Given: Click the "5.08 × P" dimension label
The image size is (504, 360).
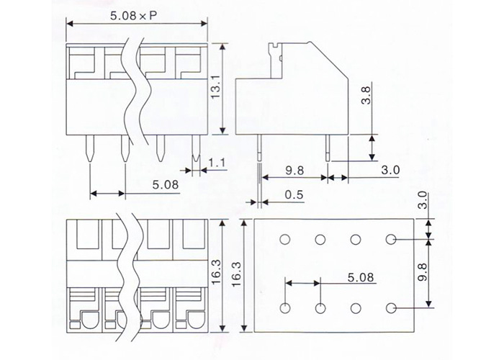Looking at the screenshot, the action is [134, 15].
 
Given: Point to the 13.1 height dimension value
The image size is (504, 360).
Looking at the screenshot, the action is [215, 87].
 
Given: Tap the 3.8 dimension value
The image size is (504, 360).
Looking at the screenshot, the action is [366, 95].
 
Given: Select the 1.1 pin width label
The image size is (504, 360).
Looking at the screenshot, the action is [217, 163].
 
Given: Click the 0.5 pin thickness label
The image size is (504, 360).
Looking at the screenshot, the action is [294, 194].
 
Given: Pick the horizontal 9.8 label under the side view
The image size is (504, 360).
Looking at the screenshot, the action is [294, 171].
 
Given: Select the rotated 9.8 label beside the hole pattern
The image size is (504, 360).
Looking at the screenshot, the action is [423, 272].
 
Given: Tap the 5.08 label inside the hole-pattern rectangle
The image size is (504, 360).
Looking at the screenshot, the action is [361, 277].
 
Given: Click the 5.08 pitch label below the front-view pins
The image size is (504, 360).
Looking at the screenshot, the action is [165, 184].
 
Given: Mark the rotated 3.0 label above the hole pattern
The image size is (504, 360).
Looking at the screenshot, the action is [423, 200].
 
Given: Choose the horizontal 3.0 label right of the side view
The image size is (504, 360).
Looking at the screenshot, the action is [390, 170].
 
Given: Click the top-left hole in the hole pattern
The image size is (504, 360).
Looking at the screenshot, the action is [285, 240].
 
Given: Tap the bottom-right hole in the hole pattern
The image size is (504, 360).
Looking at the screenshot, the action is [390, 308].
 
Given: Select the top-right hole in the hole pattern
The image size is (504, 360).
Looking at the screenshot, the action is [390, 239].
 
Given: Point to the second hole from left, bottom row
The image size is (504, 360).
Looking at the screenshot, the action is [320, 308].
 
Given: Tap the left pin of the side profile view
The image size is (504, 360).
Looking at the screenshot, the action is [260, 148].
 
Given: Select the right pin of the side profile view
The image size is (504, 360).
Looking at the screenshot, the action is [328, 148].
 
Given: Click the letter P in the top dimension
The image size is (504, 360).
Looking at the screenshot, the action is [153, 16].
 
